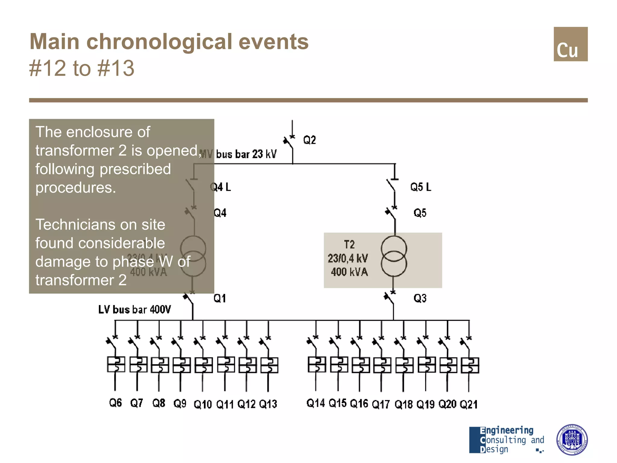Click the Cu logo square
570,44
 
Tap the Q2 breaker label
309,140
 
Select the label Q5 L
421,187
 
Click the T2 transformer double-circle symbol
394,256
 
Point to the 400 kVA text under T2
349,272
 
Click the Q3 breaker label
420,298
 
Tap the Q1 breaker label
220,298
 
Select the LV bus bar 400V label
134,310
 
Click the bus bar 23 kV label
246,154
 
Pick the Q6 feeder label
115,403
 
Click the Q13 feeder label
268,404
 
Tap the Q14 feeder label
315,403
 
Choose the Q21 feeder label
469,404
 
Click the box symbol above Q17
382,365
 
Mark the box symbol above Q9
181,365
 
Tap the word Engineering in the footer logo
507,430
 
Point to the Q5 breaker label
420,213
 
